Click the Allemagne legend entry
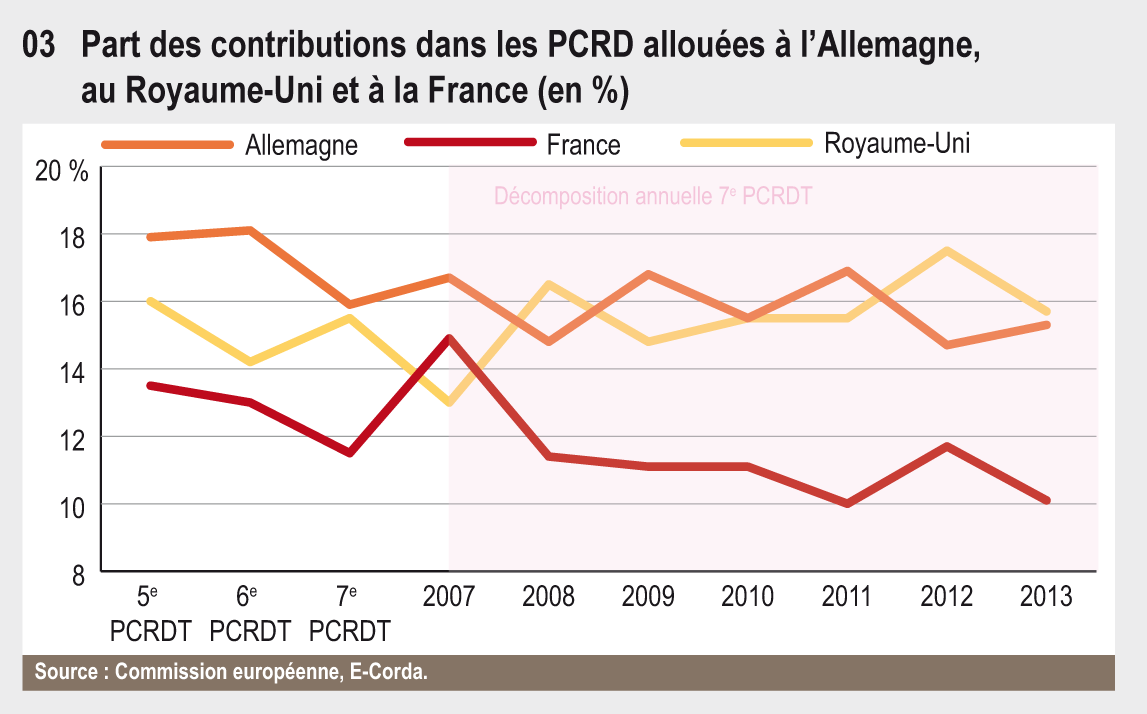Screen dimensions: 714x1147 [301, 145]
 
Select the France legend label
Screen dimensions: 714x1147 [583, 145]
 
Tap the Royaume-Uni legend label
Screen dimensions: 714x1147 [897, 143]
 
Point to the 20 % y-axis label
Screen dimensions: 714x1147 [61, 171]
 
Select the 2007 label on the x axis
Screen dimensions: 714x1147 [449, 597]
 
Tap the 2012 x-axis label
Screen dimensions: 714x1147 [947, 597]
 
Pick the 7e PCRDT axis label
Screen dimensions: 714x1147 [348, 614]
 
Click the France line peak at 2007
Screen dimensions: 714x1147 [449, 338]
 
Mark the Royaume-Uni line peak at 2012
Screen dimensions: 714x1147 [947, 250]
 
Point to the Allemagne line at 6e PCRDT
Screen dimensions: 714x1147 [249, 231]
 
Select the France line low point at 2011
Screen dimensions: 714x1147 [848, 503]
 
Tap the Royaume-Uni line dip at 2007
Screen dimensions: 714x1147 [449, 402]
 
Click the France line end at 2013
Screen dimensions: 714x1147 [1046, 500]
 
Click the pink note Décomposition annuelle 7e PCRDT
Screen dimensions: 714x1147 [653, 196]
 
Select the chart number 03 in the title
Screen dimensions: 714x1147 [38, 46]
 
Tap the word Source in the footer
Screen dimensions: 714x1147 [66, 672]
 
